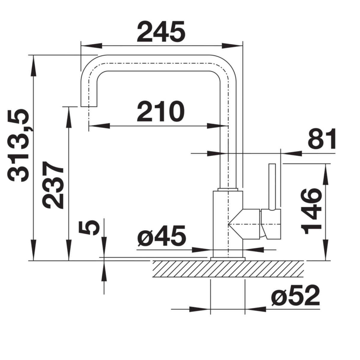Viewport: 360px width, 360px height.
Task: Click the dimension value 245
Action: pyautogui.click(x=161, y=32)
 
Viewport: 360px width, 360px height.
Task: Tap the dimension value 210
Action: pyautogui.click(x=161, y=112)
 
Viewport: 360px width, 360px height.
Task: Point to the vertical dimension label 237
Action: pyautogui.click(x=53, y=185)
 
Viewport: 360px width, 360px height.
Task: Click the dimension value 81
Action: pyautogui.click(x=322, y=138)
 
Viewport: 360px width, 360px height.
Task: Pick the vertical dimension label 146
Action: pyautogui.click(x=311, y=211)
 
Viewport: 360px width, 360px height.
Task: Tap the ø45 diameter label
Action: pyautogui.click(x=162, y=236)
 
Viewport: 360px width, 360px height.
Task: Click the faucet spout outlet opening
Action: pyautogui.click(x=89, y=106)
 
